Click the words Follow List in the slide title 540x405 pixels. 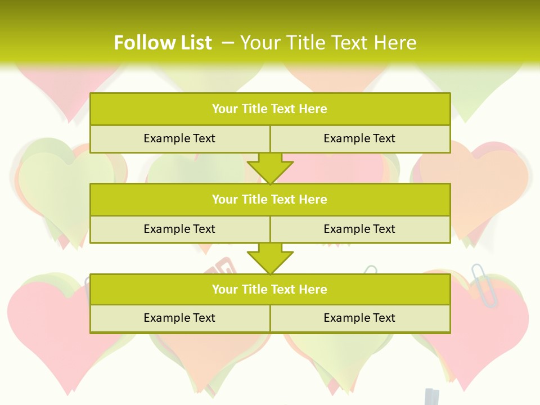pyautogui.click(x=163, y=43)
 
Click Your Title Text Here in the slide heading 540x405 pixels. pyautogui.click(x=328, y=43)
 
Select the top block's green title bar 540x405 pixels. pyautogui.click(x=270, y=109)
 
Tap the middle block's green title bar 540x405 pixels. pyautogui.click(x=270, y=199)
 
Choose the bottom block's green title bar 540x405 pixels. pyautogui.click(x=270, y=289)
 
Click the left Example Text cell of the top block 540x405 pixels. pyautogui.click(x=179, y=138)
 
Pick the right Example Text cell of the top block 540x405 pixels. pyautogui.click(x=359, y=138)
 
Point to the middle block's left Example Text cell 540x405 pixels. pyautogui.click(x=179, y=229)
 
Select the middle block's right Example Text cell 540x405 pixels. pyautogui.click(x=359, y=229)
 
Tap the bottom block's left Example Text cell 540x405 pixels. pyautogui.click(x=179, y=318)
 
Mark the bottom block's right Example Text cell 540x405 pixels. pyautogui.click(x=359, y=318)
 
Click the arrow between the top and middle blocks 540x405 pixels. pyautogui.click(x=270, y=168)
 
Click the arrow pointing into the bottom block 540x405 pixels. pyautogui.click(x=270, y=258)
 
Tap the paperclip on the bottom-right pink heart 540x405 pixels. pyautogui.click(x=485, y=285)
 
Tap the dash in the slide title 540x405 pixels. pyautogui.click(x=227, y=43)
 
